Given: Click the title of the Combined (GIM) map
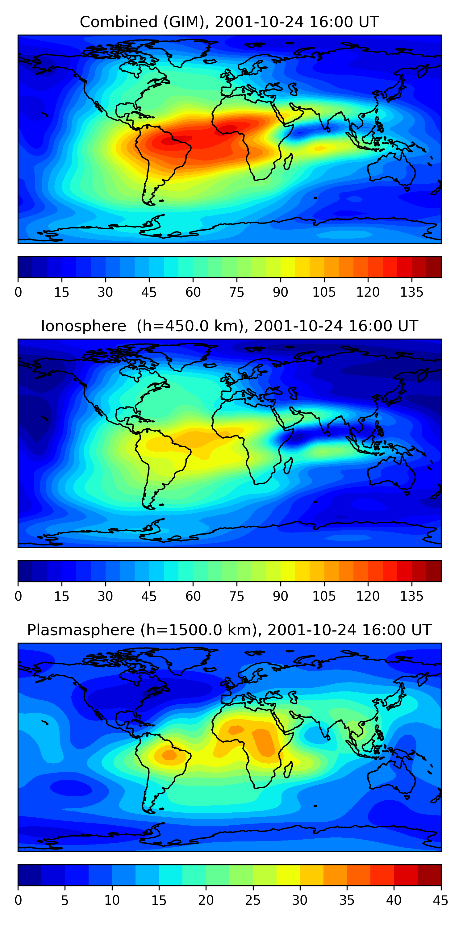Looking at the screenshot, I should point(229,22).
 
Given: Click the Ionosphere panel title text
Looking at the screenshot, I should point(229,326).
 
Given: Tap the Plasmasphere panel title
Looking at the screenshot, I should point(229,630).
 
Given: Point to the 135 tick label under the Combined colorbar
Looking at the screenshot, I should point(411,292).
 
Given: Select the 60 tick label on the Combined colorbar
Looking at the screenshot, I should point(193,292).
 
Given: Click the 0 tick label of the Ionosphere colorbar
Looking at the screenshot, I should point(18,596).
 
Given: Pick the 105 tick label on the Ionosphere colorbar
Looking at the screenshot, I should point(324,596).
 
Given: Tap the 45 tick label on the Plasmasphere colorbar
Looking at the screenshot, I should point(441,900).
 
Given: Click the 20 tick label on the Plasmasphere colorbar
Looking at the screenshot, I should point(206,900).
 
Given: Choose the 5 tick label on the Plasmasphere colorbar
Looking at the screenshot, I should point(65,900).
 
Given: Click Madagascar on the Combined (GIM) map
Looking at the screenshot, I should point(288,162).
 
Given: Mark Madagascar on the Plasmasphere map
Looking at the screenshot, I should point(288,770).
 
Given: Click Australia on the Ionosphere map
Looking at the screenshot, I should point(392,473).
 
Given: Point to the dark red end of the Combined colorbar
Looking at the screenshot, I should point(434,267).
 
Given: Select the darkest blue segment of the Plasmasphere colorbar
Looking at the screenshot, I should point(29,875).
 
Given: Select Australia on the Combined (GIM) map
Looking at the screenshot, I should point(392,169).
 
